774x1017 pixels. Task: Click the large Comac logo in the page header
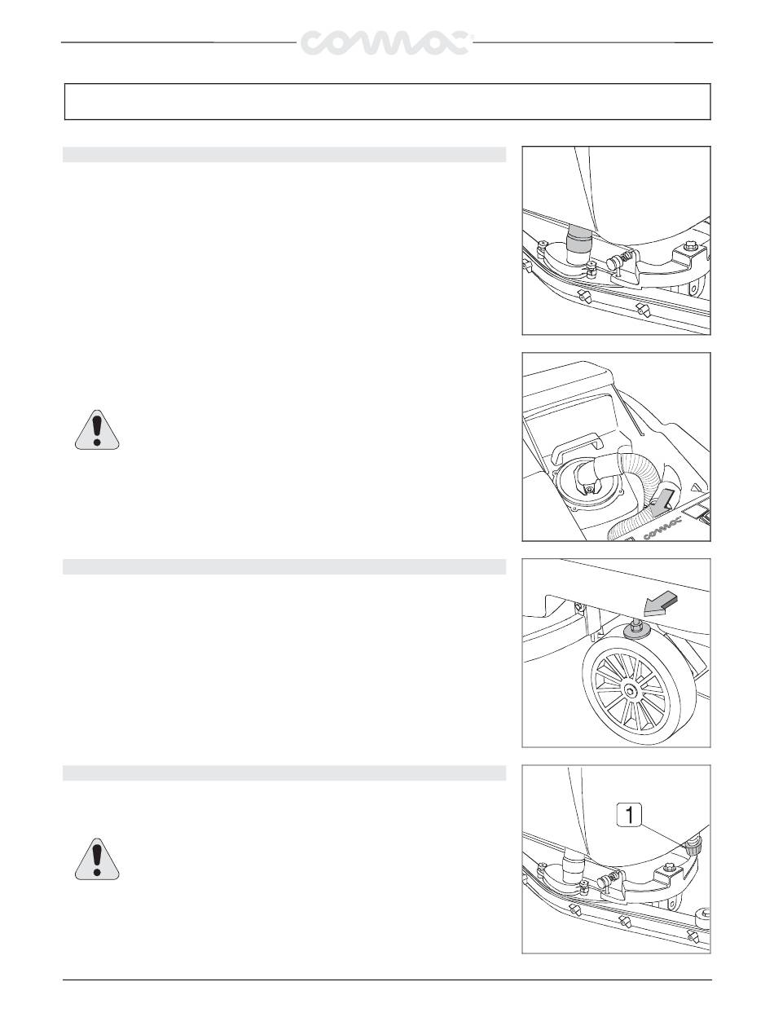tap(385, 43)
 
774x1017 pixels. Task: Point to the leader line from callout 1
tap(664, 834)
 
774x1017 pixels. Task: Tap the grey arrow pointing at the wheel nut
tap(660, 605)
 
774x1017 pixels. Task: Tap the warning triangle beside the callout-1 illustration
tap(97, 858)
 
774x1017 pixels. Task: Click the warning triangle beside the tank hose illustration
tap(97, 429)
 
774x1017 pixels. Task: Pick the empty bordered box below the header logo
tap(387, 102)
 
